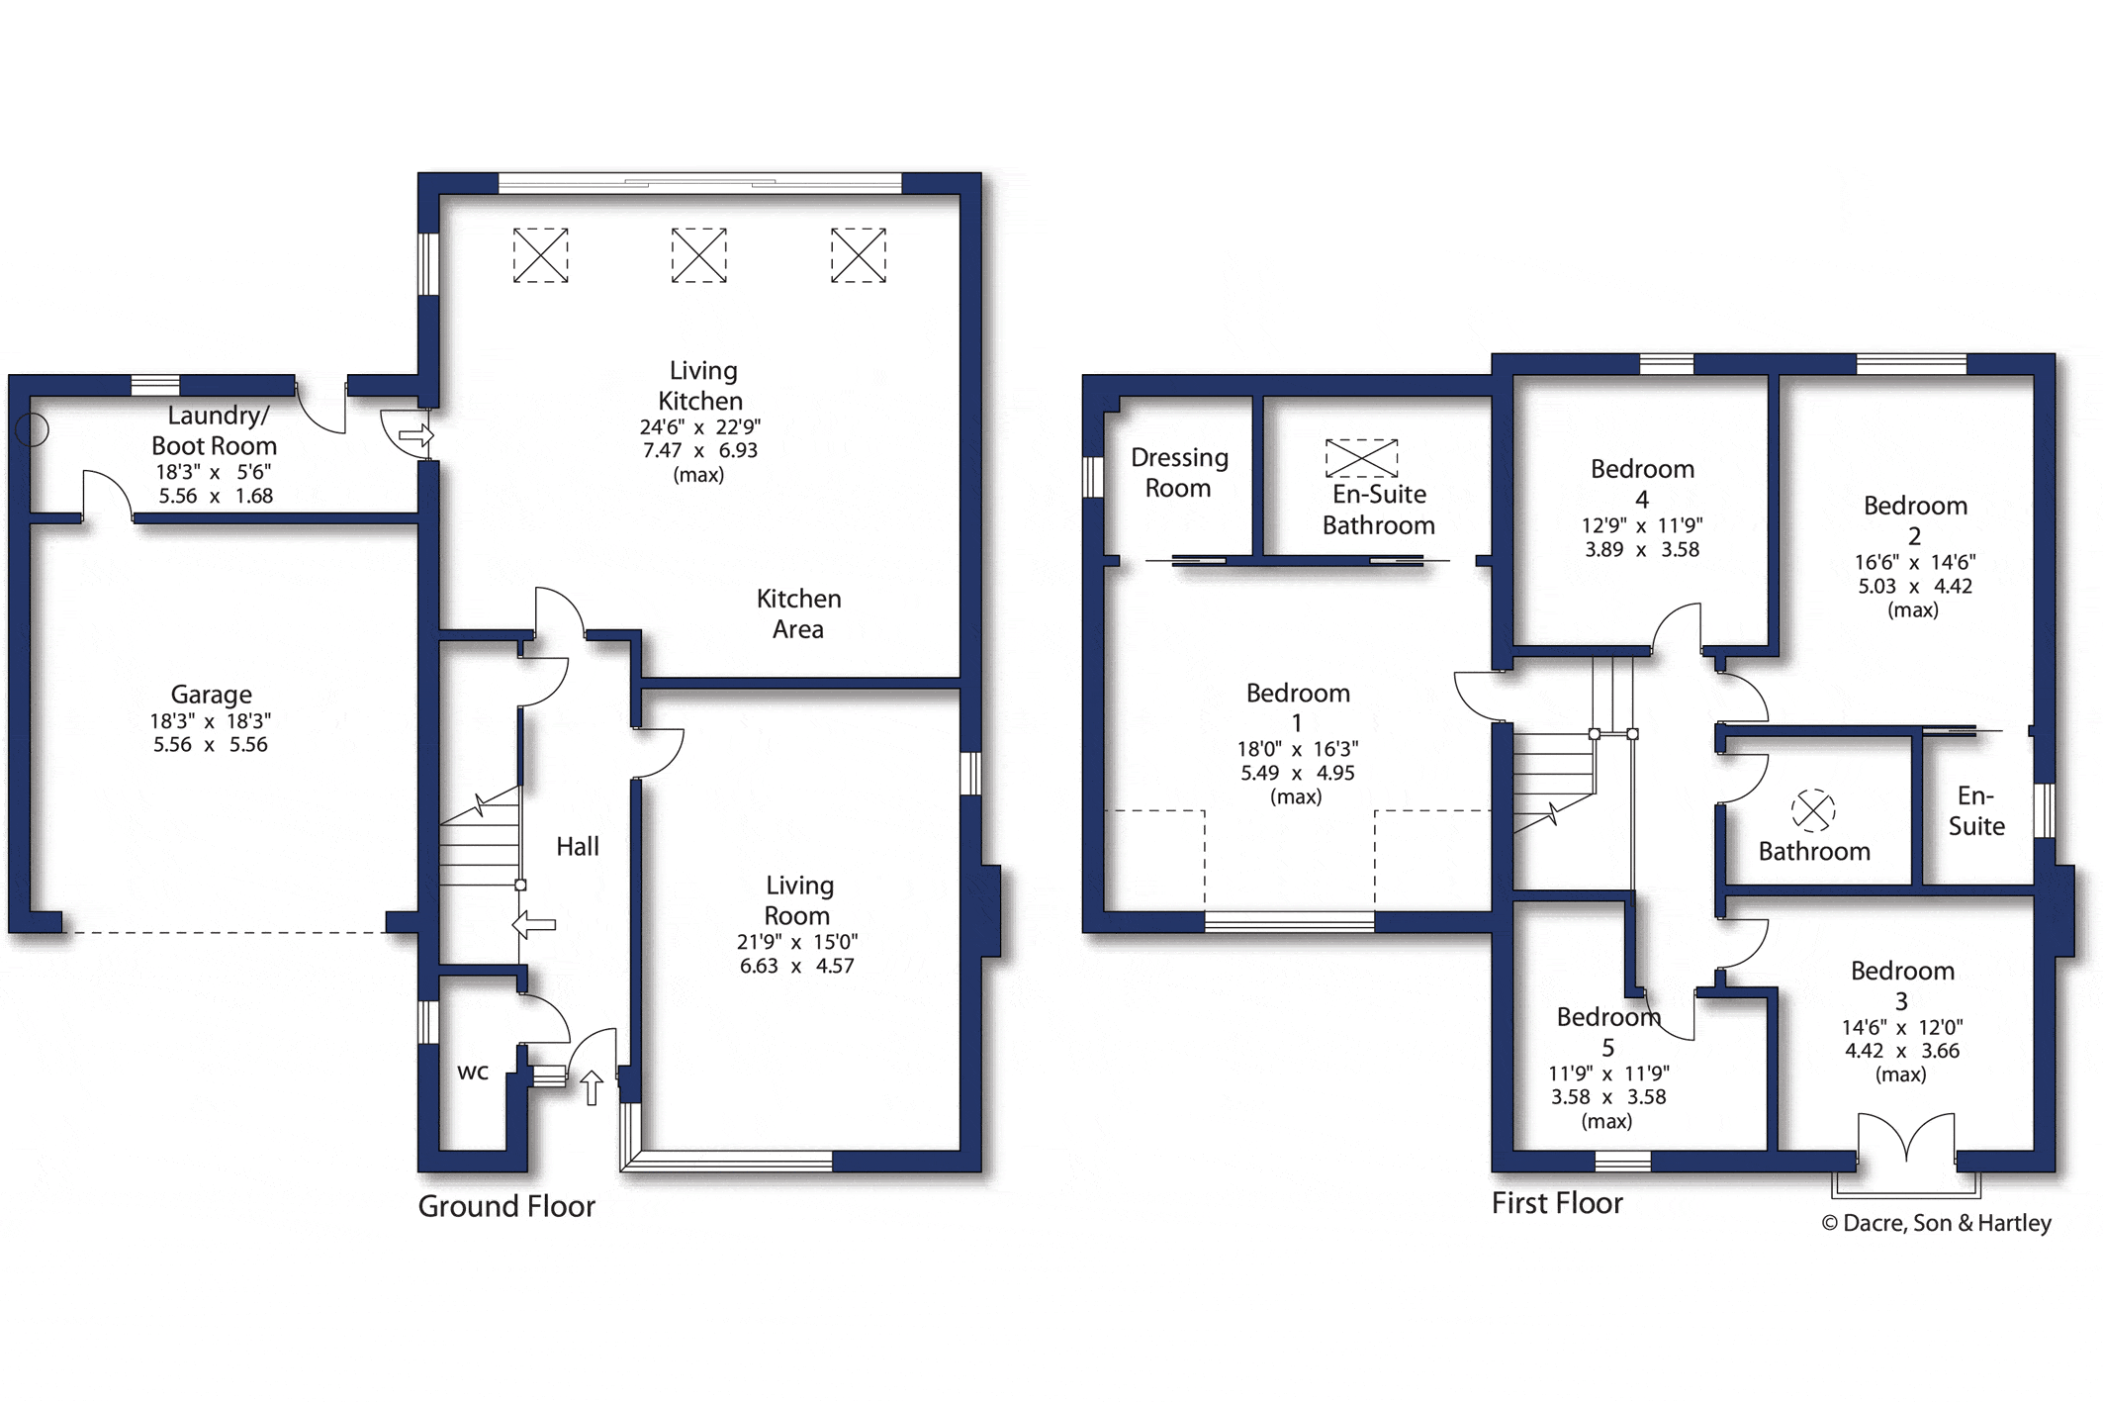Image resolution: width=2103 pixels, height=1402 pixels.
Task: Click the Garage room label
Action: click(211, 694)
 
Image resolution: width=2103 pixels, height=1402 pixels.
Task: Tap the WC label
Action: click(473, 1073)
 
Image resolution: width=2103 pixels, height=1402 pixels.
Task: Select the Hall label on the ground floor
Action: click(578, 846)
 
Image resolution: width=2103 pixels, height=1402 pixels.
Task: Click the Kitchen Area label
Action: click(798, 613)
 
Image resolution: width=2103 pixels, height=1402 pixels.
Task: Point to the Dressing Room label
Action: click(1179, 472)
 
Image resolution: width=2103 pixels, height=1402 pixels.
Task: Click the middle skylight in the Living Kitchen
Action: click(699, 255)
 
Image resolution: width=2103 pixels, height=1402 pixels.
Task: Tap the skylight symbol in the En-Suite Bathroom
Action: click(1362, 458)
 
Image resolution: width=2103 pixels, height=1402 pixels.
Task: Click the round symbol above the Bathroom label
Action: click(1813, 810)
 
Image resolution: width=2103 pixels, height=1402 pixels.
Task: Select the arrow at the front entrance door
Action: click(592, 1087)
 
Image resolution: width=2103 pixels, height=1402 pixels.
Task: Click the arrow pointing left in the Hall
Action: click(534, 925)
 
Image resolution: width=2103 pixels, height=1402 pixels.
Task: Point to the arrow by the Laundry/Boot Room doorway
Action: click(415, 435)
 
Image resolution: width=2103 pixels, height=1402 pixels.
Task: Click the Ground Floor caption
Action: click(506, 1206)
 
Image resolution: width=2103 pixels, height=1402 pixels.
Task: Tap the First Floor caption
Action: click(1557, 1203)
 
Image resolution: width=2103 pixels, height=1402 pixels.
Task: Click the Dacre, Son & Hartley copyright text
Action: click(1937, 1223)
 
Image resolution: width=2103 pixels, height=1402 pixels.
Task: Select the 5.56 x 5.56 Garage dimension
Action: click(211, 745)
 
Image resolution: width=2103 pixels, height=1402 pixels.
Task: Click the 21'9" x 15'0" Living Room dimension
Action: click(797, 942)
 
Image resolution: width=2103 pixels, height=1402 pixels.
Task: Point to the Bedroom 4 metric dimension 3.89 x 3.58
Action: click(1642, 550)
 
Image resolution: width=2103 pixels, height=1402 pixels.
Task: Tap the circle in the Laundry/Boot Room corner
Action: click(33, 429)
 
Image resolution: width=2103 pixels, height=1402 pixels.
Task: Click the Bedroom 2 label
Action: click(1915, 520)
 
